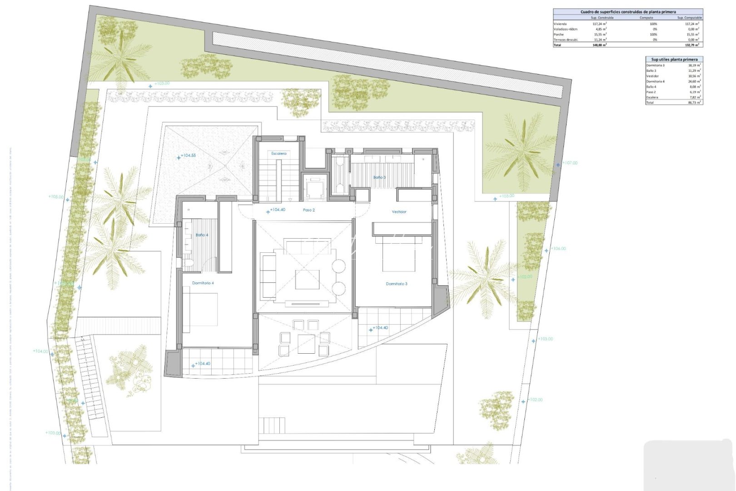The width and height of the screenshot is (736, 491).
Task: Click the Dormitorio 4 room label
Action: (203, 283)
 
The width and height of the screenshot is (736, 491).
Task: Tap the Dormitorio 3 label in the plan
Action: (396, 284)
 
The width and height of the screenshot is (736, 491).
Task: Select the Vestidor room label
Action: (399, 212)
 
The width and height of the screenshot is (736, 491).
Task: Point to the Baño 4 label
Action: (202, 235)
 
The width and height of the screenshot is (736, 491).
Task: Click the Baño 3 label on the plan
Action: (379, 177)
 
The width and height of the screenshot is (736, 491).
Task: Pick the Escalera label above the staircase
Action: (278, 154)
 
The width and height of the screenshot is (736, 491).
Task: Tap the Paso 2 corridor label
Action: (308, 210)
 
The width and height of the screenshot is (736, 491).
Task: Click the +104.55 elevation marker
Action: (188, 155)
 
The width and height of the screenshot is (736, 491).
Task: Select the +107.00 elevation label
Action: (570, 163)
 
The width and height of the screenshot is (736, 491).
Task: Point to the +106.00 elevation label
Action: (558, 249)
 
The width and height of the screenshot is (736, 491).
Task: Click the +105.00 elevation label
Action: (56, 197)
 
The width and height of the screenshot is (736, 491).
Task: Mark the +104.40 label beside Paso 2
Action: (277, 210)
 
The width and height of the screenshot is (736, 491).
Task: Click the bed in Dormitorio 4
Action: (200, 309)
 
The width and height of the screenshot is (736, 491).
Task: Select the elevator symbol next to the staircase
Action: (314, 188)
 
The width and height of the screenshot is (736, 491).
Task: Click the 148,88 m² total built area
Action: (599, 45)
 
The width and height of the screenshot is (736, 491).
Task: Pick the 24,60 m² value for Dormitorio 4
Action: (694, 81)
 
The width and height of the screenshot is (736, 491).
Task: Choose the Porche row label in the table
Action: (558, 35)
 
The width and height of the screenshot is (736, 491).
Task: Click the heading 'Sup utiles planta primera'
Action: (674, 60)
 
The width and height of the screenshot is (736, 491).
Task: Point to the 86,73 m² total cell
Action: (694, 103)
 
